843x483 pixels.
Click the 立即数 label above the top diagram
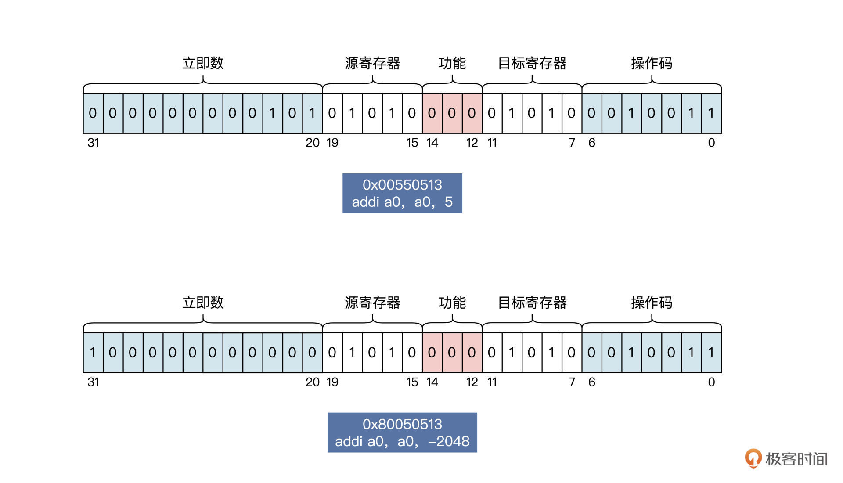(x=203, y=63)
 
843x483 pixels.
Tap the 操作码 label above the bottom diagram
(x=652, y=303)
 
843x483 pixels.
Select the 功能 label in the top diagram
(x=452, y=63)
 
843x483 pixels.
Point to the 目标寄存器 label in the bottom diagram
(x=532, y=303)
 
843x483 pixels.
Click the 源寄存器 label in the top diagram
(x=372, y=63)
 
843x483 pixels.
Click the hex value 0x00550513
(x=402, y=185)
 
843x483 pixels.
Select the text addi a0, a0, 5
(x=402, y=202)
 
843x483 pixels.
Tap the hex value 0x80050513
(x=402, y=424)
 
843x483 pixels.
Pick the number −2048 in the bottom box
(x=449, y=441)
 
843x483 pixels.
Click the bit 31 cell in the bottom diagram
(x=93, y=353)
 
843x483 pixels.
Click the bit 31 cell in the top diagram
(x=93, y=113)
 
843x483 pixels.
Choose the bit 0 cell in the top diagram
(x=711, y=113)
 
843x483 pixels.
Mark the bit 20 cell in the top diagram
(x=312, y=113)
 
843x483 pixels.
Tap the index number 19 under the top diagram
(x=332, y=143)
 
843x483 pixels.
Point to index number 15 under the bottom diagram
(x=412, y=382)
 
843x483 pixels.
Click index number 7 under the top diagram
(x=572, y=143)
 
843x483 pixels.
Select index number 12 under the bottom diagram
(x=472, y=382)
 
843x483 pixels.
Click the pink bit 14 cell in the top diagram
(x=432, y=113)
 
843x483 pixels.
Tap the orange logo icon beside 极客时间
(x=753, y=458)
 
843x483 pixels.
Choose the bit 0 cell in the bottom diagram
(x=711, y=353)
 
